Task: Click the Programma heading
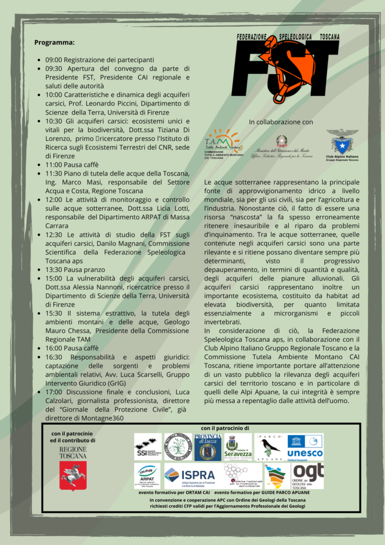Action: point(54,43)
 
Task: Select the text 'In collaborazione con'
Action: point(281,122)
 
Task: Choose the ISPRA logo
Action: point(190,475)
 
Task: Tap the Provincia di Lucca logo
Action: point(207,447)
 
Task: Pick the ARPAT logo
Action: point(147,475)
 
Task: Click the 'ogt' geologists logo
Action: point(308,475)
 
